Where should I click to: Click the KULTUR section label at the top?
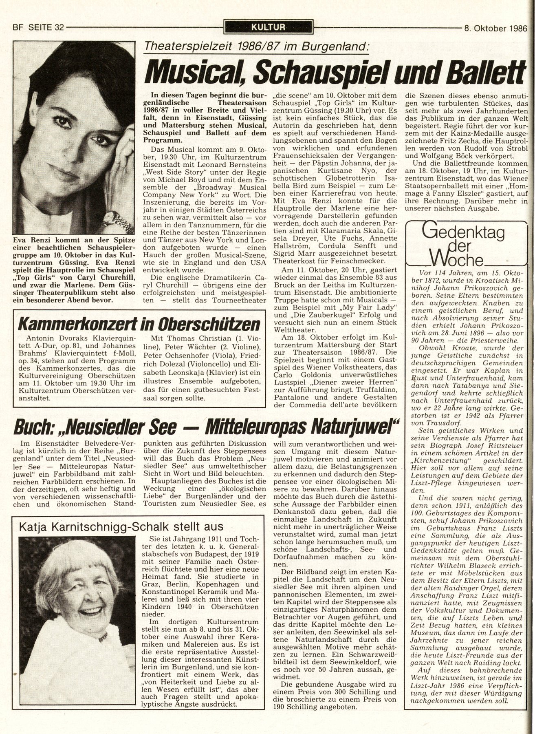coord(269,28)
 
